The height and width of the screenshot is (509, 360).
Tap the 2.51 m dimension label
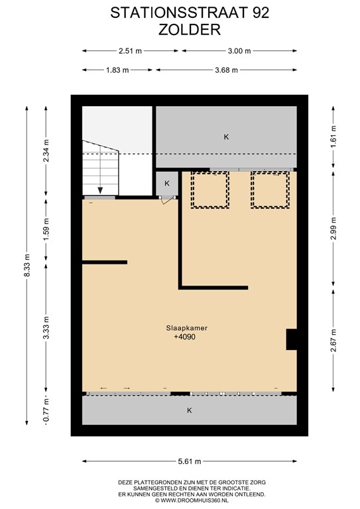130,50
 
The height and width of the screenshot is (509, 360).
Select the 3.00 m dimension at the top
239,50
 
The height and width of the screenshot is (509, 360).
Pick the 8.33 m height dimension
27,268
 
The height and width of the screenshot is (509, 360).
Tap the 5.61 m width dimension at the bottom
189,462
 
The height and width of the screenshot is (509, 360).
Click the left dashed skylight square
210,190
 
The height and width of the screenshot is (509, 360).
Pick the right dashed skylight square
270,190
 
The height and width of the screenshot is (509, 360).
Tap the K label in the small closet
166,184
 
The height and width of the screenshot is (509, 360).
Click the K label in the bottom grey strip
189,410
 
